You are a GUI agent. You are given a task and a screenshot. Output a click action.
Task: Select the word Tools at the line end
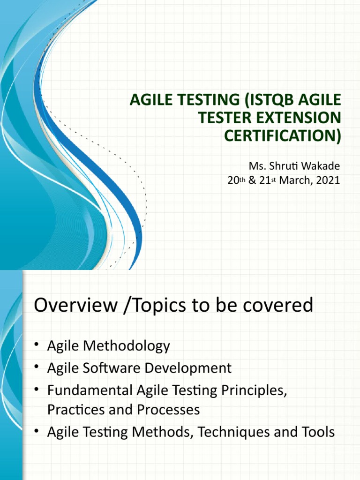[318, 431]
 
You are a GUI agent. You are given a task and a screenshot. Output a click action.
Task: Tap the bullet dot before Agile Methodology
[37, 346]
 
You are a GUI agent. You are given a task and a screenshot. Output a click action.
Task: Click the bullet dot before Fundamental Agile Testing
[37, 389]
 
